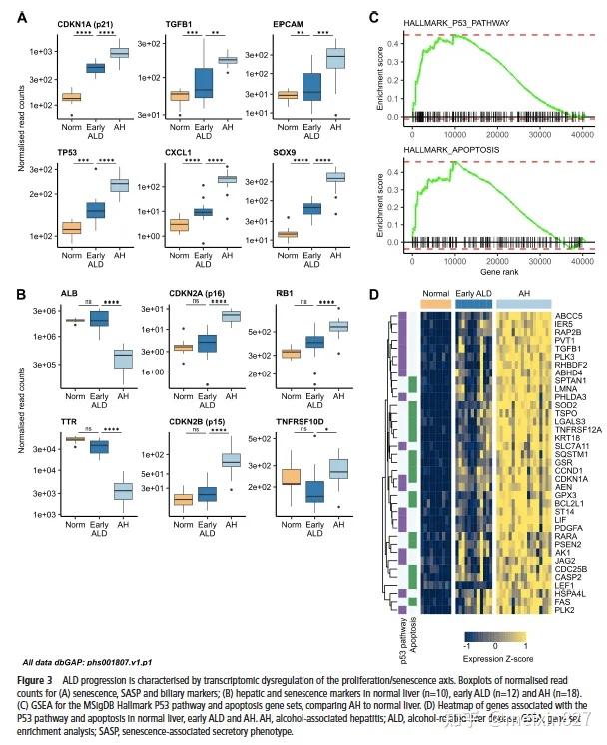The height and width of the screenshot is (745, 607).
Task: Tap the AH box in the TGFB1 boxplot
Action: pos(226,60)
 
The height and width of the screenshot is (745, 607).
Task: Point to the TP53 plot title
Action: pos(73,151)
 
